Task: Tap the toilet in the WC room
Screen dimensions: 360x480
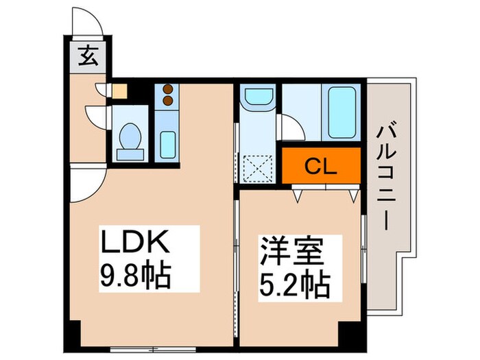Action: pos(129,136)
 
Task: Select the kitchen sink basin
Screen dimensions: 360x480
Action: pos(167,143)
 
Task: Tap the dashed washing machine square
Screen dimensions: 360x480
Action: pos(258,167)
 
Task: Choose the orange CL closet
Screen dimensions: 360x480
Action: pos(321,166)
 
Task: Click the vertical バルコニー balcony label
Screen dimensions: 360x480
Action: pos(386,178)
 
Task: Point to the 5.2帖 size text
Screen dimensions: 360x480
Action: pos(293,283)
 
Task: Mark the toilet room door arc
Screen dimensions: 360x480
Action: pos(96,113)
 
